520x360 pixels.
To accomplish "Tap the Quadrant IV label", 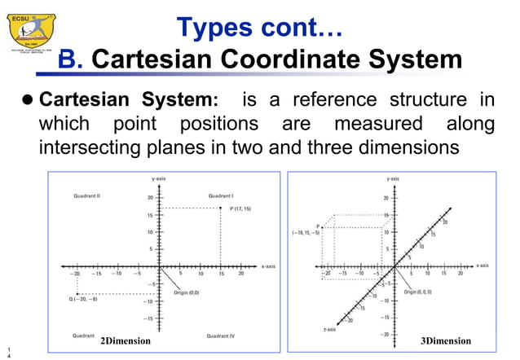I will click(222, 335).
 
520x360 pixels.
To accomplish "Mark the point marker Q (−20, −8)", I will click(77, 294).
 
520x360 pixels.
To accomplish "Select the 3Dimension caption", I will click(445, 341).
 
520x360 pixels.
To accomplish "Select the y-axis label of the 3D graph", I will click(393, 177).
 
